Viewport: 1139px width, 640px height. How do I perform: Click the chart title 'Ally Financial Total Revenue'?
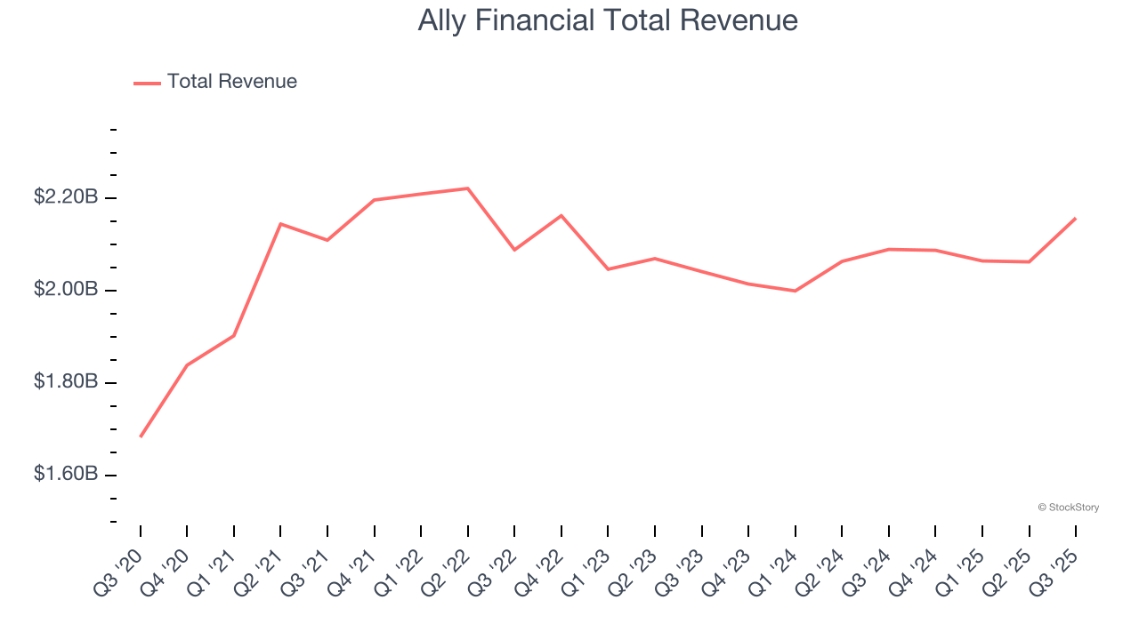pyautogui.click(x=608, y=20)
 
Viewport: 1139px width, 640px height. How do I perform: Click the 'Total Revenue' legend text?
pyautogui.click(x=231, y=82)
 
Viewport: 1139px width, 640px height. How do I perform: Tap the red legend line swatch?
pyautogui.click(x=147, y=83)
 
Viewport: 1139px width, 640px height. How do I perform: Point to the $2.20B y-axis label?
pyautogui.click(x=66, y=197)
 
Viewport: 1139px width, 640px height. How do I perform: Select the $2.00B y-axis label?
pyautogui.click(x=66, y=290)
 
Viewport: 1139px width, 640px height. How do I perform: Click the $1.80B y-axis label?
pyautogui.click(x=66, y=381)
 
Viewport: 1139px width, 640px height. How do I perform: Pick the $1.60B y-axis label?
pyautogui.click(x=66, y=474)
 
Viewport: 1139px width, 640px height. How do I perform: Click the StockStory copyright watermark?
pyautogui.click(x=1068, y=508)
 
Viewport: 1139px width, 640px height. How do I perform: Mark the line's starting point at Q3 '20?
pyautogui.click(x=141, y=436)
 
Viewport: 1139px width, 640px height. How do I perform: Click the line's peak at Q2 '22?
pyautogui.click(x=468, y=188)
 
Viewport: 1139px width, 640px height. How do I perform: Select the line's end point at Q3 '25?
pyautogui.click(x=1076, y=218)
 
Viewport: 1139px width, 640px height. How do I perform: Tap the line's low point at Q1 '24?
pyautogui.click(x=795, y=291)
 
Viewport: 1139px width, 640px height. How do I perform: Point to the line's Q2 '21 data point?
pyautogui.click(x=280, y=224)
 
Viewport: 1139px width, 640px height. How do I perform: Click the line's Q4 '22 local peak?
pyautogui.click(x=561, y=215)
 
